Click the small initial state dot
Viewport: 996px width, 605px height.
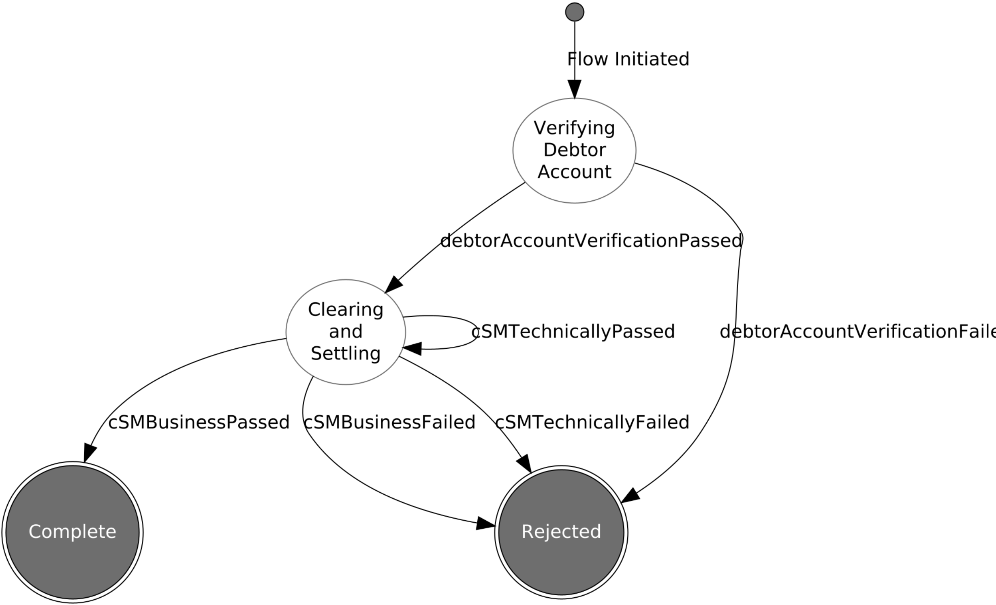point(574,12)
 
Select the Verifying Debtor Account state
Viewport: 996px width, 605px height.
point(574,150)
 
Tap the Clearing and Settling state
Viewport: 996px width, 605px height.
point(346,332)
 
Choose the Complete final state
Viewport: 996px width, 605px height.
point(73,532)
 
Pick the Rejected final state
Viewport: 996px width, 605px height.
point(561,532)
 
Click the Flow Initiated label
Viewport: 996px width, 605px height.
point(628,59)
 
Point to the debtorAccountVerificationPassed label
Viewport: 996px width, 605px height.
point(591,241)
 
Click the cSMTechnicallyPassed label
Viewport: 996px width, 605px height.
point(573,332)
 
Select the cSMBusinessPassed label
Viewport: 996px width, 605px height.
point(199,423)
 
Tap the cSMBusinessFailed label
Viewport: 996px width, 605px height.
point(389,423)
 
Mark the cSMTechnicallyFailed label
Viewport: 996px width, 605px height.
point(592,423)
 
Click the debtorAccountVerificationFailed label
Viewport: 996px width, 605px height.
point(857,332)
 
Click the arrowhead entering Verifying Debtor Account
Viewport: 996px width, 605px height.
point(574,89)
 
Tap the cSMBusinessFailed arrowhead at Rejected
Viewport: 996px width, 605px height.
point(485,523)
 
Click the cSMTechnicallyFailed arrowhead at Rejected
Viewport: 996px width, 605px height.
point(525,463)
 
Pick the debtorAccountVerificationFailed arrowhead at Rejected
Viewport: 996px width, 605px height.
point(630,496)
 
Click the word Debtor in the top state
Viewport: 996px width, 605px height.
point(574,150)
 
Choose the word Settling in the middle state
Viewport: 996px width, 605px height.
point(346,354)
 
